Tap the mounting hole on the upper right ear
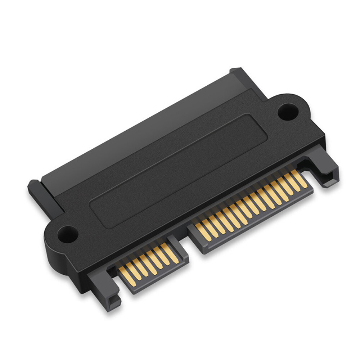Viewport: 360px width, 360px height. click(x=287, y=111)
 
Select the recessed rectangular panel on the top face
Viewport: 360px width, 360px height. click(x=178, y=171)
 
